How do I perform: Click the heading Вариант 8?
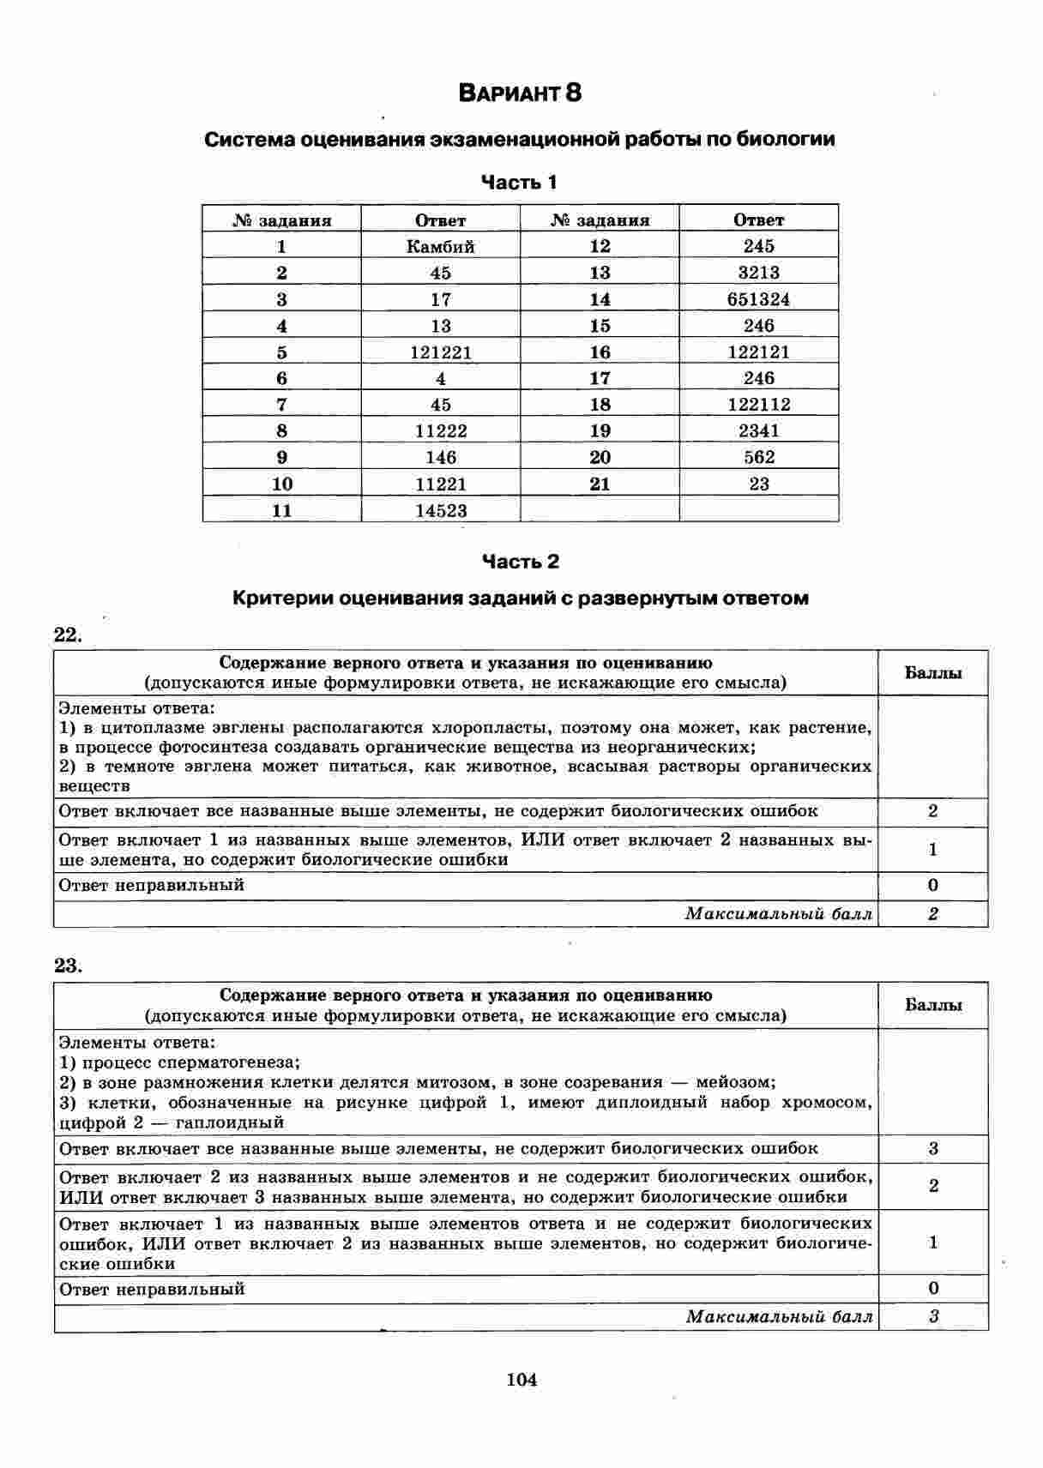[x=520, y=93]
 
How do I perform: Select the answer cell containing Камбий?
[x=440, y=246]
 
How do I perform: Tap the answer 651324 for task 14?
[x=758, y=299]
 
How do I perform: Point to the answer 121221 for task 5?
[x=440, y=352]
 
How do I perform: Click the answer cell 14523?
[x=440, y=511]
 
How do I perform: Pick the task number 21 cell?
[x=600, y=484]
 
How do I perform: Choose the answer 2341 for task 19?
[x=758, y=430]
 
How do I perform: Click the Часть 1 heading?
[x=519, y=182]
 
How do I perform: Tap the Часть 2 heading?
[x=520, y=562]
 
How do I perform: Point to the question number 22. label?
[x=68, y=635]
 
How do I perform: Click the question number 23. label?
[x=68, y=966]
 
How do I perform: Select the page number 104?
[x=521, y=1380]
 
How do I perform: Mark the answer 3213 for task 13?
[x=758, y=273]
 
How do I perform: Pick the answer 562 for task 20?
[x=758, y=457]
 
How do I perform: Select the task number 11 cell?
[x=281, y=511]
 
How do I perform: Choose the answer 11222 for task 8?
[x=440, y=430]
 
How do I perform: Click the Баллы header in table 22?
[x=933, y=673]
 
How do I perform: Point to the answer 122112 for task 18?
[x=758, y=405]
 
